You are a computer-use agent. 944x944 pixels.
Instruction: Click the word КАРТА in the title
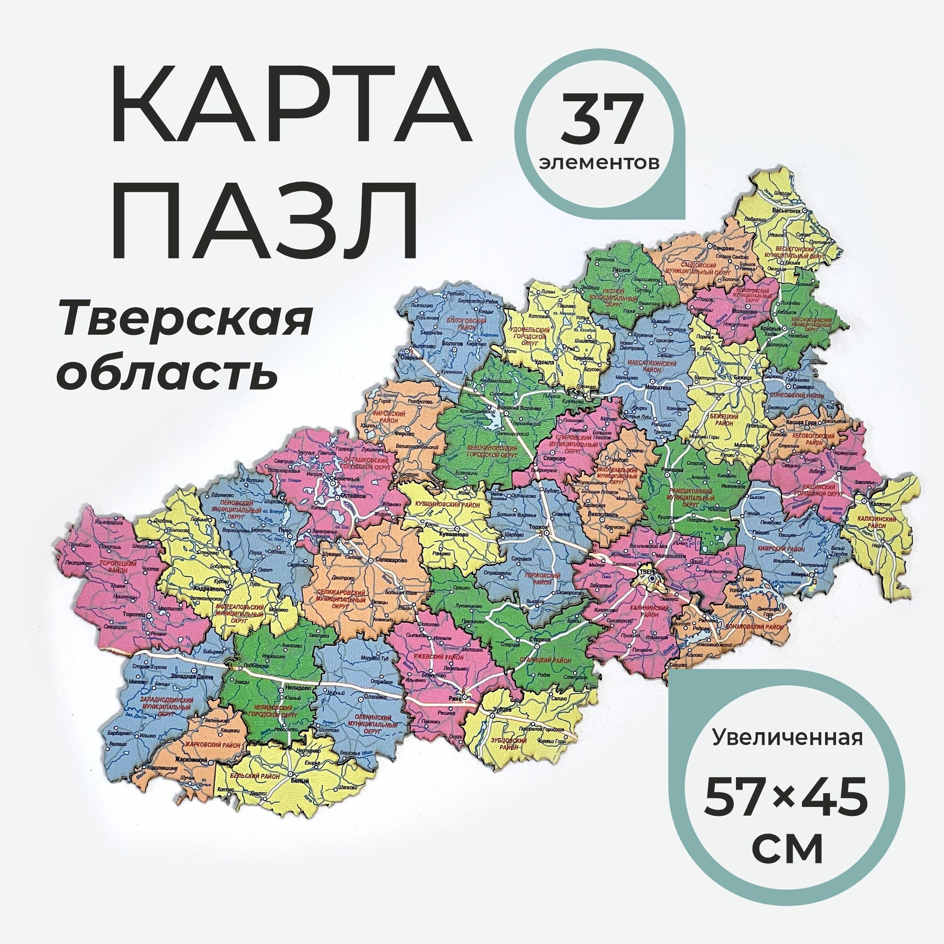(x=290, y=118)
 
